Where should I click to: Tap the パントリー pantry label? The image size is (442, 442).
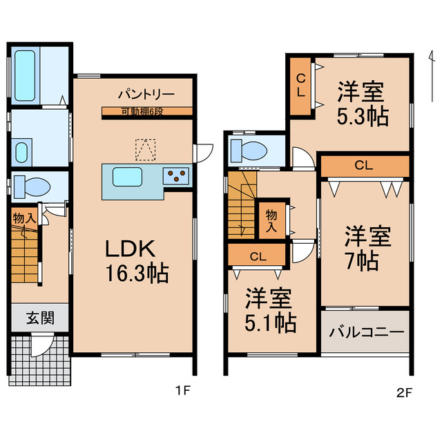coord(145,94)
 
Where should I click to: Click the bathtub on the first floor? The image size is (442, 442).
coord(26,76)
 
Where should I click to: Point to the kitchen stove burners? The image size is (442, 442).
coord(175,175)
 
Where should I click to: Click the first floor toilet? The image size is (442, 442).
coord(32,186)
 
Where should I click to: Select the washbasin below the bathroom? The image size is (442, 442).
coord(22,149)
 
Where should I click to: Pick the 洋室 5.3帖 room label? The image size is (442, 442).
coord(361,102)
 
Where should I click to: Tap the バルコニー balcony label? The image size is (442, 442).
coord(366,332)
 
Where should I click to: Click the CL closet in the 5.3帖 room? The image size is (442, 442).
coord(301,86)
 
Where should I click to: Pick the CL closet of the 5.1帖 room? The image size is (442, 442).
coord(257,256)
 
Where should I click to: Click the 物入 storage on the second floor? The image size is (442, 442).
coord(271,219)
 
